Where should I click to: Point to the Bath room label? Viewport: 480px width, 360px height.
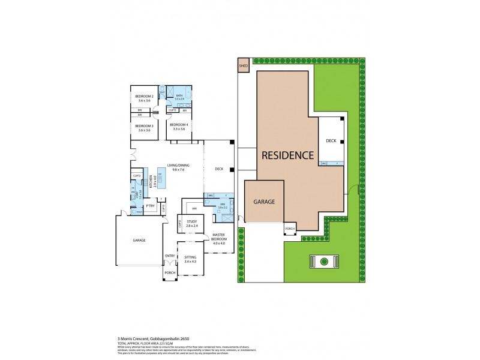tap(179, 96)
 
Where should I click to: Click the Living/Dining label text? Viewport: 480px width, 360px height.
tap(178, 167)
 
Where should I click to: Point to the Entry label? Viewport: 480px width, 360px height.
tap(170, 256)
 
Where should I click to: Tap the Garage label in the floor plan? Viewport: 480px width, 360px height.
tap(139, 240)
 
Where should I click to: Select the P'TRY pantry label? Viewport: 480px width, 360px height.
tap(150, 206)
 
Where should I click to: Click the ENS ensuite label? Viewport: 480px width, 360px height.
tap(222, 205)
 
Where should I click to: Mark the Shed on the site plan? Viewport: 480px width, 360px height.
tap(244, 66)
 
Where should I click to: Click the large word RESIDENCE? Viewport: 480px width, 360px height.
tap(287, 155)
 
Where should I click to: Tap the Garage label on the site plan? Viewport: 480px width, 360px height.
tap(263, 202)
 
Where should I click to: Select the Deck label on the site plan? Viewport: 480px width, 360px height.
tap(331, 141)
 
